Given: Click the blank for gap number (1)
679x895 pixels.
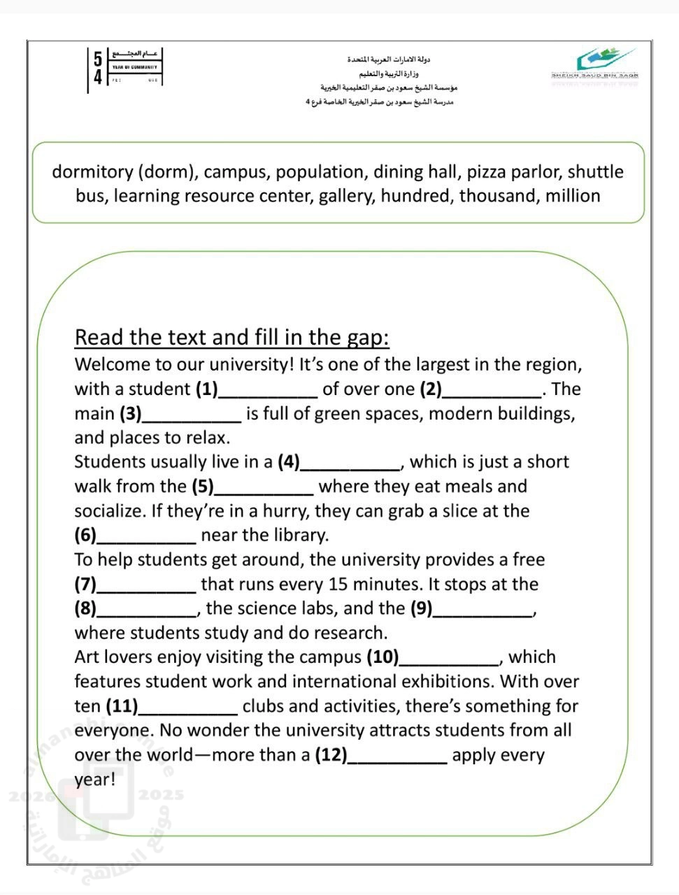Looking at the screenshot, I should click(x=269, y=390).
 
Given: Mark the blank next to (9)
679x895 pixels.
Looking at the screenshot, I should click(x=483, y=610).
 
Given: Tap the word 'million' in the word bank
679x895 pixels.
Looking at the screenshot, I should click(x=572, y=196).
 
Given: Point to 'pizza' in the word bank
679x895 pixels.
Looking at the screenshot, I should click(x=489, y=172).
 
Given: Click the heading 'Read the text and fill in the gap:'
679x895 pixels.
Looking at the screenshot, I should click(x=231, y=338).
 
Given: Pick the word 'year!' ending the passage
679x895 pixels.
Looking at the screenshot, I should click(x=95, y=780).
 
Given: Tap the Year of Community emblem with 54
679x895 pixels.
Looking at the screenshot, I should click(x=126, y=68).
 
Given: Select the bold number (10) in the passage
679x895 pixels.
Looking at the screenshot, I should click(x=383, y=657).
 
